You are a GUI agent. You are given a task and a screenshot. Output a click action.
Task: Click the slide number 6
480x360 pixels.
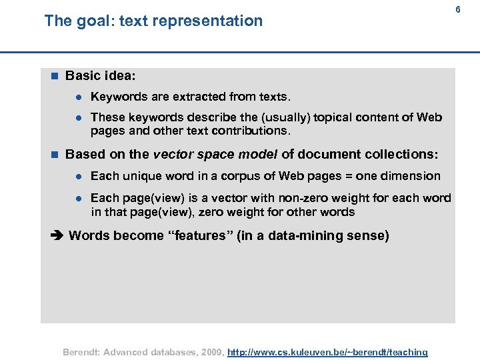tap(458, 9)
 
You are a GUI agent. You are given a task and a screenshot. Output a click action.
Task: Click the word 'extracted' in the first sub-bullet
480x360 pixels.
tap(195, 97)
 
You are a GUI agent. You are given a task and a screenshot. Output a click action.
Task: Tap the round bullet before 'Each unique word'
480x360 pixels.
tap(78, 176)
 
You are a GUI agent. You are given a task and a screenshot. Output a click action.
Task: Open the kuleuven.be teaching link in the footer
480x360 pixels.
tap(327, 352)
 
